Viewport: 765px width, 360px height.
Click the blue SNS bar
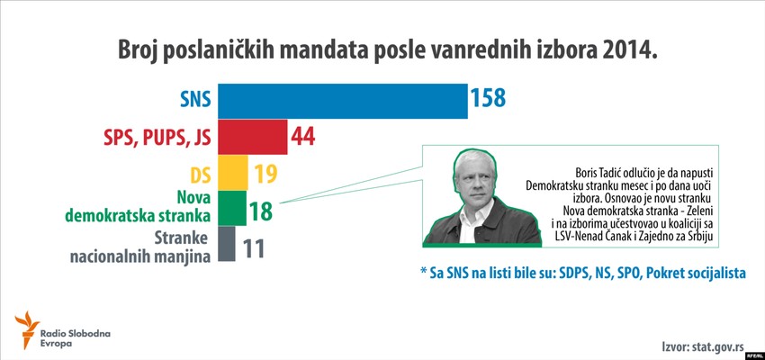[342, 101]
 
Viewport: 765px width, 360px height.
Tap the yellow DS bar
[233, 172]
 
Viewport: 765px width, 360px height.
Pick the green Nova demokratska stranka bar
[232, 207]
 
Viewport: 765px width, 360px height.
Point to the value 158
[497, 101]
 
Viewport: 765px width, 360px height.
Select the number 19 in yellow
[267, 173]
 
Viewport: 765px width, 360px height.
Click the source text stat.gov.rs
[716, 346]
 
